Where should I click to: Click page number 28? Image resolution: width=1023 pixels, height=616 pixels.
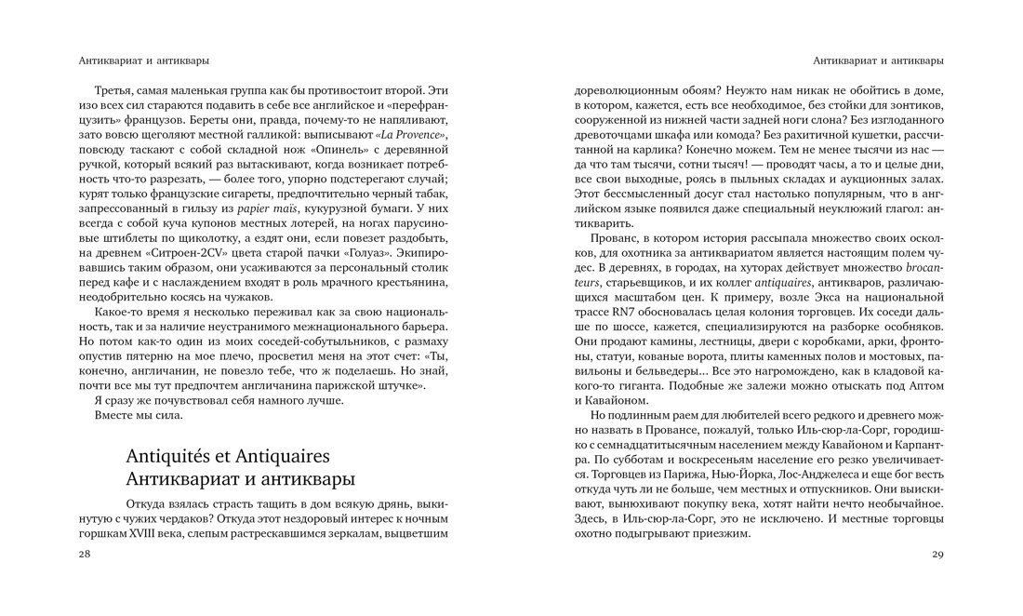(x=85, y=555)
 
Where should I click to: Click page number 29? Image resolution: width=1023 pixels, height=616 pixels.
(x=937, y=555)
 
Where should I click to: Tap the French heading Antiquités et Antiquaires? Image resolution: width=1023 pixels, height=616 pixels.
(x=228, y=457)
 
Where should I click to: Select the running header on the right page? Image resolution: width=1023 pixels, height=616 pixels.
(x=878, y=60)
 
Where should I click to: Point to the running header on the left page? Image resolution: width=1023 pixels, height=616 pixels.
(x=144, y=60)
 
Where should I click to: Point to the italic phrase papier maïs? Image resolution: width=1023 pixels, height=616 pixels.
(x=266, y=209)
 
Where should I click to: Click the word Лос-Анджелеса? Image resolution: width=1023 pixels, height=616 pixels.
(x=794, y=475)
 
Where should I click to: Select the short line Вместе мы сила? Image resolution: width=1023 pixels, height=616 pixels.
(x=139, y=415)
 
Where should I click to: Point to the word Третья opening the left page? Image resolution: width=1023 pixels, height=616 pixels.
(x=115, y=90)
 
